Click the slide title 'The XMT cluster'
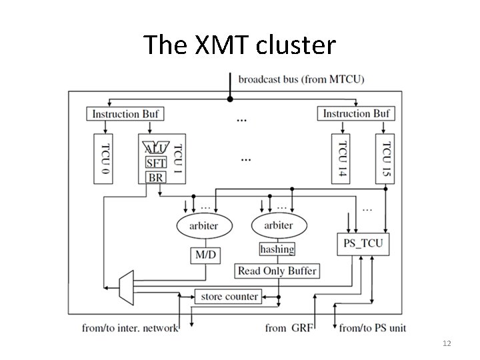pyautogui.click(x=240, y=45)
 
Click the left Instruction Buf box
pyautogui.click(x=125, y=114)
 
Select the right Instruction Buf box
pyautogui.click(x=356, y=114)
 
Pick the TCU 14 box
pyautogui.click(x=341, y=158)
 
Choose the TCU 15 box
pyautogui.click(x=385, y=158)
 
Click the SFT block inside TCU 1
pyautogui.click(x=155, y=163)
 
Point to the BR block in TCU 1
pyautogui.click(x=155, y=177)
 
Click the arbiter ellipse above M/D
pyautogui.click(x=203, y=225)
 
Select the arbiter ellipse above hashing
pyautogui.click(x=278, y=225)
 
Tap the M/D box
pyautogui.click(x=203, y=255)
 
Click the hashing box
pyautogui.click(x=277, y=249)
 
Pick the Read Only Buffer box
pyautogui.click(x=277, y=271)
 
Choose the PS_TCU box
pyautogui.click(x=363, y=243)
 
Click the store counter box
pyautogui.click(x=226, y=296)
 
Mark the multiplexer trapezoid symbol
pyautogui.click(x=124, y=285)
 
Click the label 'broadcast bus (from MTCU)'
pyautogui.click(x=301, y=79)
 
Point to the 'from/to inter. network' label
pyautogui.click(x=131, y=327)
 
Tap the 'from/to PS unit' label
pyautogui.click(x=372, y=327)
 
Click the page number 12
pyautogui.click(x=447, y=343)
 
